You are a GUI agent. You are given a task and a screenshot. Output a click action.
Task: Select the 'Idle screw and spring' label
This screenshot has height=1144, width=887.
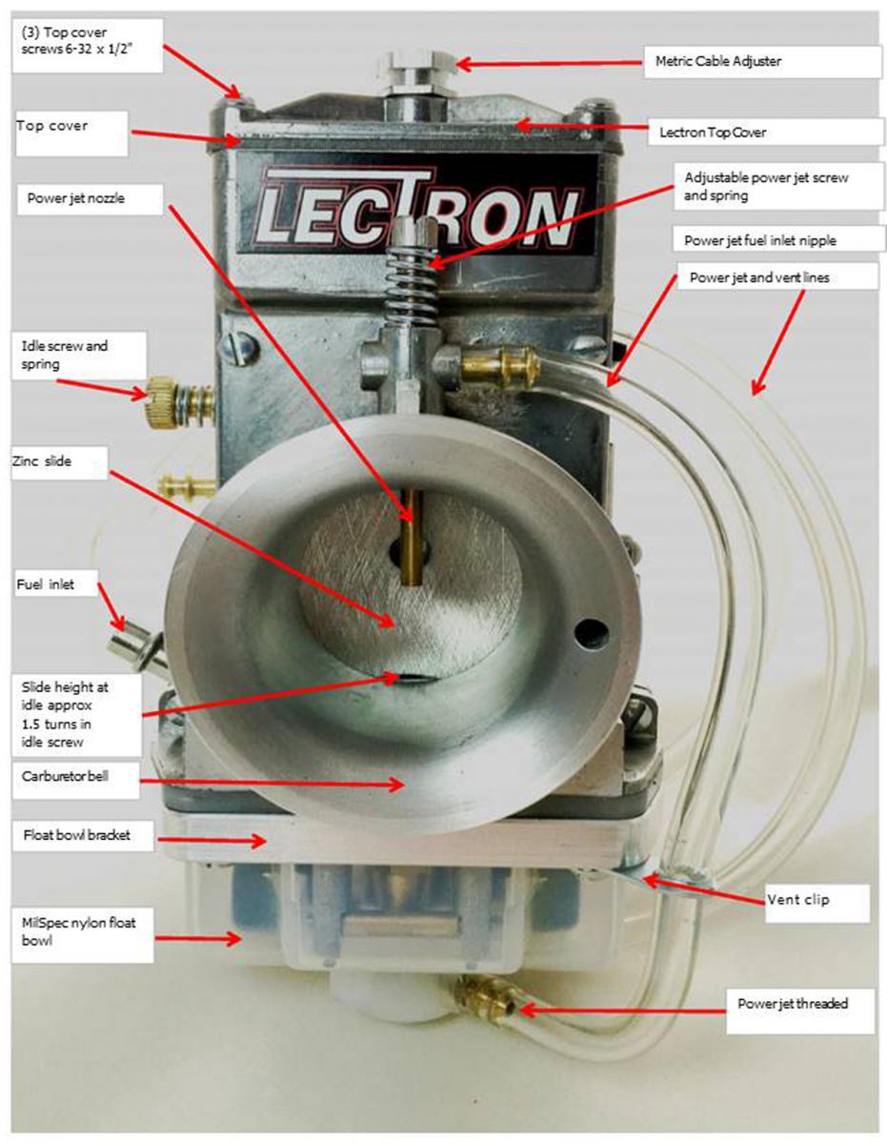66,355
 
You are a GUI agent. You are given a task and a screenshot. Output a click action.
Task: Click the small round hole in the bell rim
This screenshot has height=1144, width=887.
595,631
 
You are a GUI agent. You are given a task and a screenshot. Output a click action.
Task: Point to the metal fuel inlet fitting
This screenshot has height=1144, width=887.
131,647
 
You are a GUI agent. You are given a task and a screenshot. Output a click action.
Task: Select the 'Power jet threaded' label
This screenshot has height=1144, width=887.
793,1003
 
